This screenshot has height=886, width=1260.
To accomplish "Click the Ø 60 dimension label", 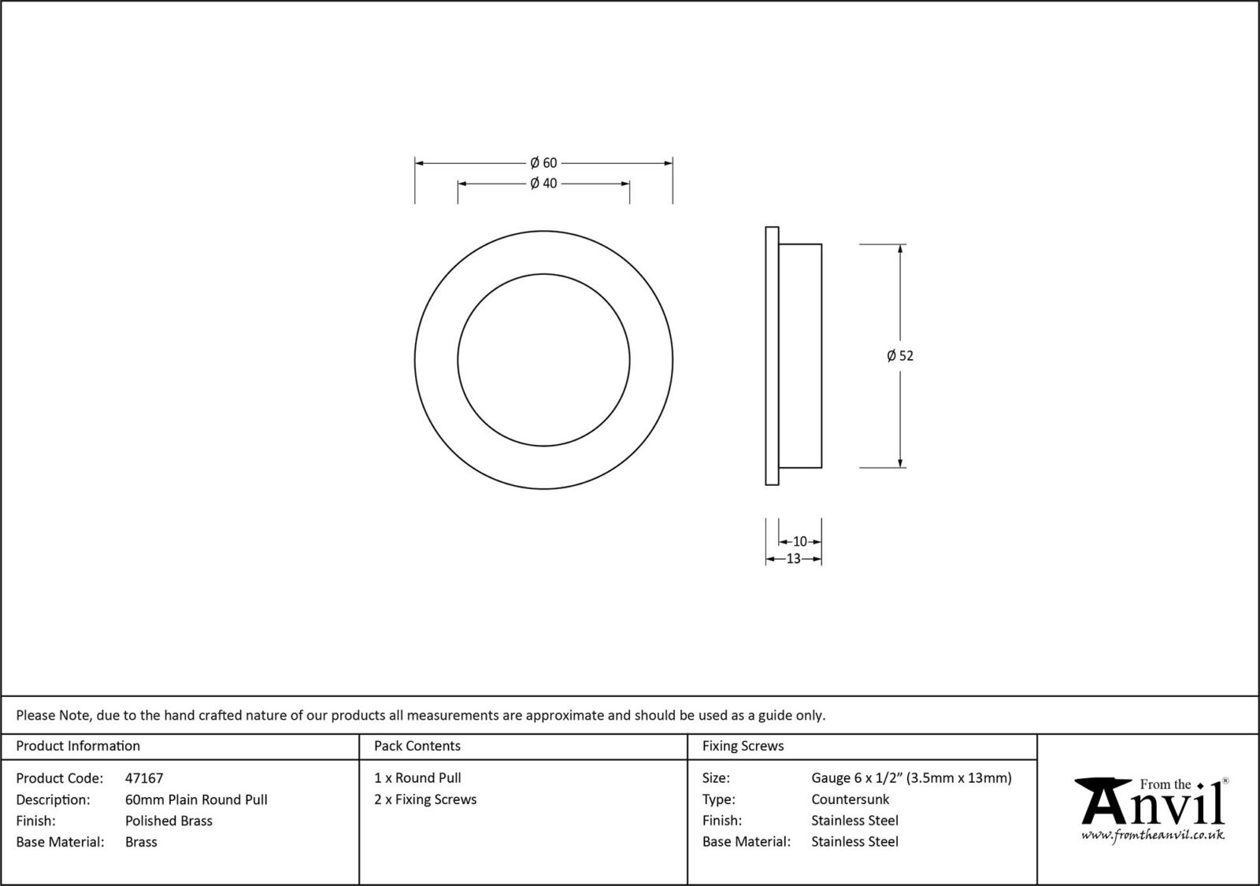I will pyautogui.click(x=543, y=163).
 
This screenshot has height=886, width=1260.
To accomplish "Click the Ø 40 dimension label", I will pyautogui.click(x=543, y=184).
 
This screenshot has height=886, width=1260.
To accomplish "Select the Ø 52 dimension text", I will pyautogui.click(x=900, y=356).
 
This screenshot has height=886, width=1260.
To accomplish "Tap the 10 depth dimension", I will pyautogui.click(x=799, y=542).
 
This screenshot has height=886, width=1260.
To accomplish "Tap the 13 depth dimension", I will pyautogui.click(x=793, y=559).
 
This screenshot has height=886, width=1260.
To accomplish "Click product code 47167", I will pyautogui.click(x=144, y=778).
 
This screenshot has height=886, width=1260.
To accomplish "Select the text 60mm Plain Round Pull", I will pyautogui.click(x=196, y=799).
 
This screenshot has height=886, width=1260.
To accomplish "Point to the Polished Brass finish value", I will pyautogui.click(x=169, y=821).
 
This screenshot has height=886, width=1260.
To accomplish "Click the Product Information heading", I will pyautogui.click(x=78, y=746).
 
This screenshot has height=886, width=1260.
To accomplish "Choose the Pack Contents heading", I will pyautogui.click(x=417, y=746).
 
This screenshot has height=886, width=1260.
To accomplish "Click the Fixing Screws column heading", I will pyautogui.click(x=743, y=746).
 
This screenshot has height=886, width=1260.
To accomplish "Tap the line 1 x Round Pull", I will pyautogui.click(x=417, y=778).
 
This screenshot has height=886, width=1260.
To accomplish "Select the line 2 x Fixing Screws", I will pyautogui.click(x=425, y=799).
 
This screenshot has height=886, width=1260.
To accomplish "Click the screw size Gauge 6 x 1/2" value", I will pyautogui.click(x=911, y=778).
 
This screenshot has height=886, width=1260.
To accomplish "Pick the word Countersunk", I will pyautogui.click(x=850, y=799).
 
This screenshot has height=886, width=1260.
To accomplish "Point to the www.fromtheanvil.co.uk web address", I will pyautogui.click(x=1152, y=835).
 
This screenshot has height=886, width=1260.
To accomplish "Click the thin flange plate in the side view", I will pyautogui.click(x=772, y=356).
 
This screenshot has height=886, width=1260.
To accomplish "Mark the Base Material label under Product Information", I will pyautogui.click(x=60, y=842).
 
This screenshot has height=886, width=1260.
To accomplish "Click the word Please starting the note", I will pyautogui.click(x=35, y=716).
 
